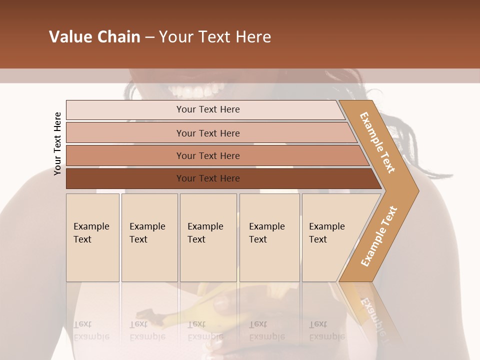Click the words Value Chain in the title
tap(94, 37)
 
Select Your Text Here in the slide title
tap(215, 37)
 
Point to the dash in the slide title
tap(149, 37)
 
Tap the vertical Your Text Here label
tap(58, 143)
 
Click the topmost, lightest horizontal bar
tap(208, 109)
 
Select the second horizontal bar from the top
tap(208, 133)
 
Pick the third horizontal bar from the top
tap(208, 155)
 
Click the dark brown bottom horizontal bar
tap(208, 178)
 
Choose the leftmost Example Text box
tap(92, 237)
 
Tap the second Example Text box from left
tap(149, 237)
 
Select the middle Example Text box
tap(208, 237)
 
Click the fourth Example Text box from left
tap(269, 237)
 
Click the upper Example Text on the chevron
tap(377, 142)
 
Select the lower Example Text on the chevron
tap(379, 236)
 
